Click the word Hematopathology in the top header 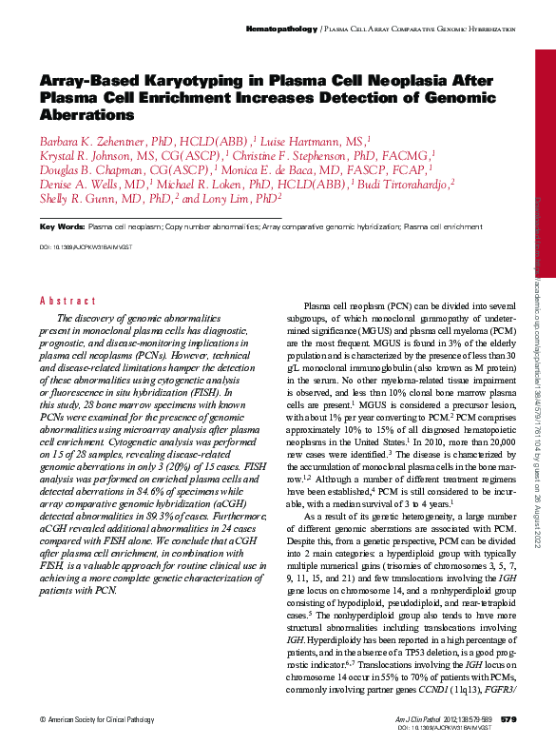coord(281,29)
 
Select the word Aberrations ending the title coord(87,114)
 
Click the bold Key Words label coord(62,227)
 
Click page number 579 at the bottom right coord(508,718)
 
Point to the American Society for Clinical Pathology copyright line coord(98,719)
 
